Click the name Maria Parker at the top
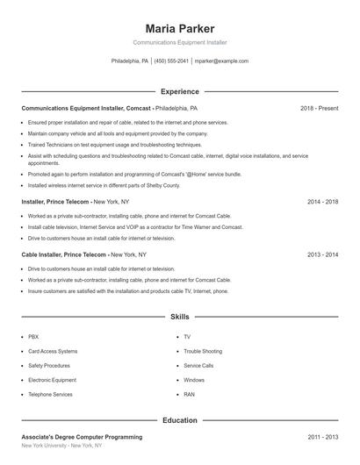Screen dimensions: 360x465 tap(179, 29)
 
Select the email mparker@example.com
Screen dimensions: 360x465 tap(220, 61)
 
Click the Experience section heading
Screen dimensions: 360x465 tap(179, 91)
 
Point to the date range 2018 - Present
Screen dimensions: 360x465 tap(319, 108)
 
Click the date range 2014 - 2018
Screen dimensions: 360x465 tap(322, 201)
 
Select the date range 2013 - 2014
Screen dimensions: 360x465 tap(322, 254)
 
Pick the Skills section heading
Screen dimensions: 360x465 tap(179, 316)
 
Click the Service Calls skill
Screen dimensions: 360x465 tap(198, 366)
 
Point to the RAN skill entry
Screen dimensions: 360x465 tap(189, 395)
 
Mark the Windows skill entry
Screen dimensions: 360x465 tap(193, 380)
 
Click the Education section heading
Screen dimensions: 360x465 tap(179, 420)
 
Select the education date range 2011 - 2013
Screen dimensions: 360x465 tap(322, 436)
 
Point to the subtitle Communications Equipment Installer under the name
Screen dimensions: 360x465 tap(179, 42)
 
